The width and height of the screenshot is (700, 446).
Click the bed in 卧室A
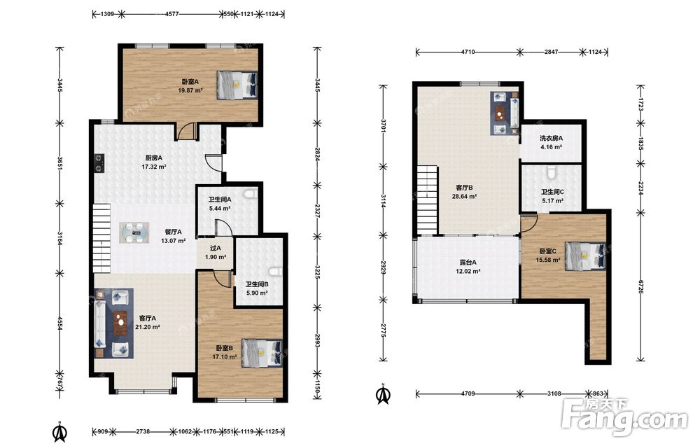[x=237, y=85]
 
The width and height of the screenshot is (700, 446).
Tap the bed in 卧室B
[x=262, y=353]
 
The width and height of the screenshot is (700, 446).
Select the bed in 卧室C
[x=585, y=256]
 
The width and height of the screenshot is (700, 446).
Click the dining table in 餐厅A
[x=134, y=233]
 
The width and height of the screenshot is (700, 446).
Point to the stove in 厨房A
[x=99, y=163]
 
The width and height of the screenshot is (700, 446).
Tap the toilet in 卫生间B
[x=276, y=272]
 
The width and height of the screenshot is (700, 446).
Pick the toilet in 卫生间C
[x=552, y=173]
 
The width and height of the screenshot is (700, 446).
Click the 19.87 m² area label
[x=190, y=90]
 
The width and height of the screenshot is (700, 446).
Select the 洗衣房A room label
[x=552, y=138]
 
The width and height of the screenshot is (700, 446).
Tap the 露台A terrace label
[x=468, y=263]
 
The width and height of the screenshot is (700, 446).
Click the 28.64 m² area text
[x=464, y=196]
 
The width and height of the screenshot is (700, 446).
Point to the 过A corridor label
[x=216, y=249]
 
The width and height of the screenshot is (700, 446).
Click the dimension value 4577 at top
[x=172, y=14]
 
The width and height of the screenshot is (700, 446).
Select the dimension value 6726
[x=641, y=287]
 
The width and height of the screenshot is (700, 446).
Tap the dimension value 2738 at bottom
[x=143, y=432]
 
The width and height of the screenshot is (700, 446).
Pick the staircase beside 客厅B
[x=428, y=199]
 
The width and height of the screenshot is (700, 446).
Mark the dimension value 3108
[x=554, y=393]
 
